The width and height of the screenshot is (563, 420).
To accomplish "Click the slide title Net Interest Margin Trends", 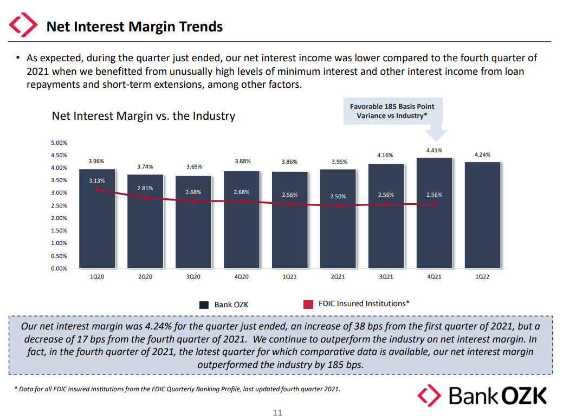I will [134, 26].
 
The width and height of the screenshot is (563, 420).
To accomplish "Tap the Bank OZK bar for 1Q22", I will [482, 217].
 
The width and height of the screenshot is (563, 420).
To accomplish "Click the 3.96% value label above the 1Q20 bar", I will [96, 161].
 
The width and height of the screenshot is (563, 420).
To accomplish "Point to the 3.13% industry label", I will [97, 180].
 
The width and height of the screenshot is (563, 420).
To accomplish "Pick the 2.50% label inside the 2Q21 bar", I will [338, 196].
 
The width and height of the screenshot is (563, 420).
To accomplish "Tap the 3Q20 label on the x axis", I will [193, 277].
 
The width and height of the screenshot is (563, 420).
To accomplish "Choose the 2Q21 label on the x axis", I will [338, 277].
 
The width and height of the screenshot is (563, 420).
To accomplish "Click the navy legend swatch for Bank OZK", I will [204, 305].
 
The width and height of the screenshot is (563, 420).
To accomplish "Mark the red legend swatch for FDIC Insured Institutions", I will [308, 305].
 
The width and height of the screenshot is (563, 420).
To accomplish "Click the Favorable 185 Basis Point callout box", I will [392, 111].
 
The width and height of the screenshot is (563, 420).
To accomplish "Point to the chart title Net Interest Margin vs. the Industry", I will [144, 116].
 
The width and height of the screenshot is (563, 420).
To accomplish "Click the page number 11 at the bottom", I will [277, 413].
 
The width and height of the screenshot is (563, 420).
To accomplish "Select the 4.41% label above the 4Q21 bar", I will [434, 150].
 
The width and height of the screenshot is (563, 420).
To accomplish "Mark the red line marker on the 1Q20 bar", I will [97, 190].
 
